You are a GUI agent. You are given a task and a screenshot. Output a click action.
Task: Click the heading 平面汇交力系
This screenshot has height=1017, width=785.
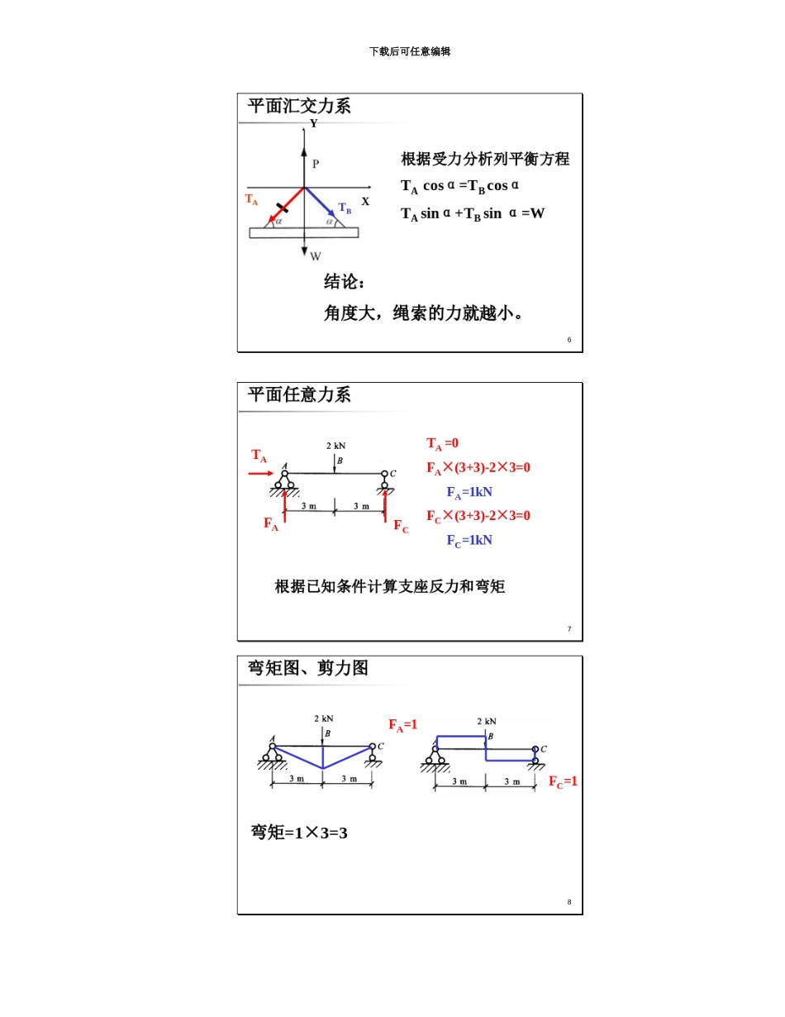(x=299, y=106)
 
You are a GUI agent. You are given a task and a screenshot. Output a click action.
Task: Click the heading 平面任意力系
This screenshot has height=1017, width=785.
(x=299, y=394)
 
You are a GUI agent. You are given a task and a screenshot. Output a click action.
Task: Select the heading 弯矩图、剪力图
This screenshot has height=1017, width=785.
(x=308, y=668)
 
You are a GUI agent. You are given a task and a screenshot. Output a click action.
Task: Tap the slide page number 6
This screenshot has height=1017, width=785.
(x=569, y=340)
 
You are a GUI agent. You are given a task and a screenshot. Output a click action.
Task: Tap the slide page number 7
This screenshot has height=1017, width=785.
(x=569, y=629)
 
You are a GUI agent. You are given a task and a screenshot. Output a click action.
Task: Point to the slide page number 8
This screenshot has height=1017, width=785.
(x=569, y=902)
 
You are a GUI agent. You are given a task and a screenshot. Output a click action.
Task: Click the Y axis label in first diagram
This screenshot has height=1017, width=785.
(x=313, y=124)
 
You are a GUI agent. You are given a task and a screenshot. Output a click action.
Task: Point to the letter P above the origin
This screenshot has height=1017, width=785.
(x=316, y=164)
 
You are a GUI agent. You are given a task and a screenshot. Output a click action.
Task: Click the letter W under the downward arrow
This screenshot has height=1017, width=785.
(x=316, y=256)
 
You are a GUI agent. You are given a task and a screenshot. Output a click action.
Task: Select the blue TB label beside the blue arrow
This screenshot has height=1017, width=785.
(x=345, y=208)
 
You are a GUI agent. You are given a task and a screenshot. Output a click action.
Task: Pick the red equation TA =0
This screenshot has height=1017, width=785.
(x=442, y=444)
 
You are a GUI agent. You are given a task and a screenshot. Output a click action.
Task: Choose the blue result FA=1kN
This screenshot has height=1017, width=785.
(x=469, y=493)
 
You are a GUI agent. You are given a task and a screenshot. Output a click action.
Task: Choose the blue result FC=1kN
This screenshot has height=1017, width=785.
(x=469, y=541)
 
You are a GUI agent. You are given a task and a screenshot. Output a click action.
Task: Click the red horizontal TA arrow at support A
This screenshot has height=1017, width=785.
(x=261, y=474)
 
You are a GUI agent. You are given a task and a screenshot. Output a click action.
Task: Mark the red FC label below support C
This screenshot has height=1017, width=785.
(x=401, y=526)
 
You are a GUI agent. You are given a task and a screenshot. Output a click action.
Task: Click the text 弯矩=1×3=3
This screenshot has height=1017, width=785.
(x=299, y=833)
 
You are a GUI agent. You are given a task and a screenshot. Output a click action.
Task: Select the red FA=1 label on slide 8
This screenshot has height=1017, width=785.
(x=403, y=725)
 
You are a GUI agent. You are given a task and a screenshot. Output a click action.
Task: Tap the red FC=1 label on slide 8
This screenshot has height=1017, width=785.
(x=563, y=781)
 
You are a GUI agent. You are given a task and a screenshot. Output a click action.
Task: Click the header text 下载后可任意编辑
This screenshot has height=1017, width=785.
(x=410, y=51)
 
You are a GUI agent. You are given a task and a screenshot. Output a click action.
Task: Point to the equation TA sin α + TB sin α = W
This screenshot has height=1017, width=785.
(x=473, y=213)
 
